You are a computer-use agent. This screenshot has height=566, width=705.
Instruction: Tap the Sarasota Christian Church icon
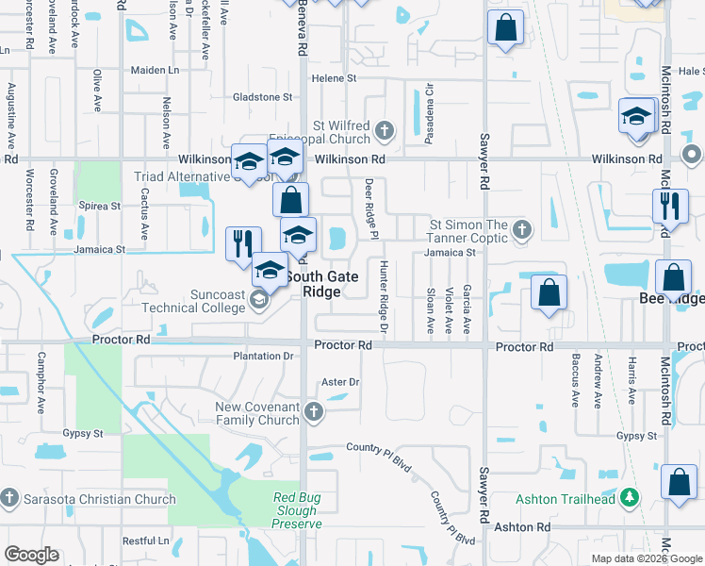coord(9,498)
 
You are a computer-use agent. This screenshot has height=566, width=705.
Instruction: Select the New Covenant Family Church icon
coord(313,411)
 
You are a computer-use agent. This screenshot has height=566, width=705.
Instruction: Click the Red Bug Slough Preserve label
coord(298,510)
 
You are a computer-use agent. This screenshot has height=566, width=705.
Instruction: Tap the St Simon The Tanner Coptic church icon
coord(519,227)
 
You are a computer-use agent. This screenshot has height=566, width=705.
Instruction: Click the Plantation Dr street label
coord(263,357)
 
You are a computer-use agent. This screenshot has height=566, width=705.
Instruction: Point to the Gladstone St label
coord(263,97)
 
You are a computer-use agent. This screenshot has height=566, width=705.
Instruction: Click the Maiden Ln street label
coord(155,70)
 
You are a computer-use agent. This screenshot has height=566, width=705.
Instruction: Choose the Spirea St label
coord(100,206)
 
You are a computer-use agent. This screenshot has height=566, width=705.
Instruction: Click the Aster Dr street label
coord(340,382)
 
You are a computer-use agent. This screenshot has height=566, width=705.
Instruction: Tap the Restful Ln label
coord(145,541)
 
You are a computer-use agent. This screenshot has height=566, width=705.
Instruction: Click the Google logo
coord(32,555)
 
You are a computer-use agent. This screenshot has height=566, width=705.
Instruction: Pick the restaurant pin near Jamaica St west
coord(242,243)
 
